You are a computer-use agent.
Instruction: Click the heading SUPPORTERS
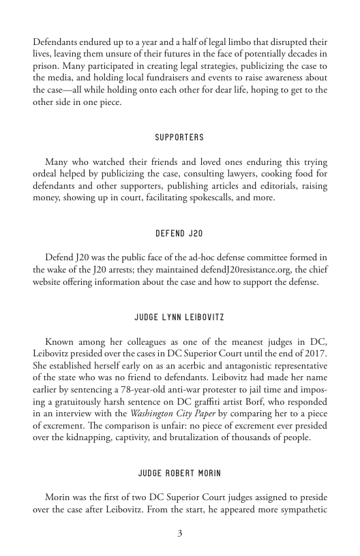(x=179, y=138)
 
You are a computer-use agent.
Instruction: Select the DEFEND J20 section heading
(x=179, y=234)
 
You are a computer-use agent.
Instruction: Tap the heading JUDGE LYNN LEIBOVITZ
(x=179, y=318)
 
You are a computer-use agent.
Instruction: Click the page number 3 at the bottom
(x=180, y=534)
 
